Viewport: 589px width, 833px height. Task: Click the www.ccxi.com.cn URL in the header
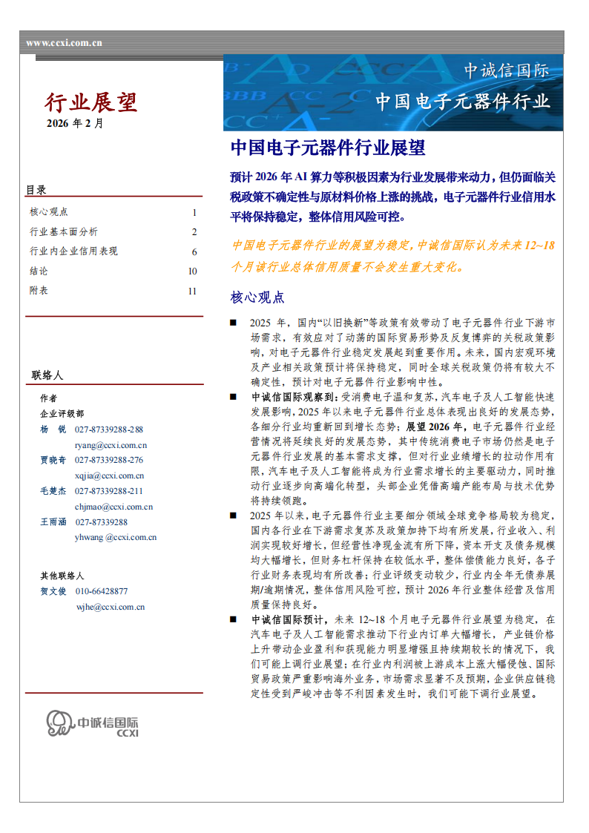[x=65, y=43]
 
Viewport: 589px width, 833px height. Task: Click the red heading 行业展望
[x=91, y=102]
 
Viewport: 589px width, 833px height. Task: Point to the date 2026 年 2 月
[x=75, y=123]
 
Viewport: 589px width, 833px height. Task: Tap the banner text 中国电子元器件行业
[x=462, y=101]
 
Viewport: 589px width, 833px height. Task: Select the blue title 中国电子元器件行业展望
[x=328, y=148]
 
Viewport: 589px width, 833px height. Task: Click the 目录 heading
[x=36, y=190]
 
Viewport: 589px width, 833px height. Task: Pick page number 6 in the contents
[x=194, y=251]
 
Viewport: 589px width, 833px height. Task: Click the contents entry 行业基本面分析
[x=63, y=231]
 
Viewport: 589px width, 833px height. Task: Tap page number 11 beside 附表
[x=192, y=292]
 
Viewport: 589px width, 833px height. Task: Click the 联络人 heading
[x=47, y=375]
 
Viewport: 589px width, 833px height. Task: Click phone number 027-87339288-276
[x=109, y=460]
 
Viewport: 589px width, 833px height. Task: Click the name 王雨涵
[x=53, y=522]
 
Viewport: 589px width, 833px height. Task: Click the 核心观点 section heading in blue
[x=257, y=297]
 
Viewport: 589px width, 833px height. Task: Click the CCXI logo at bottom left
[x=93, y=722]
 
